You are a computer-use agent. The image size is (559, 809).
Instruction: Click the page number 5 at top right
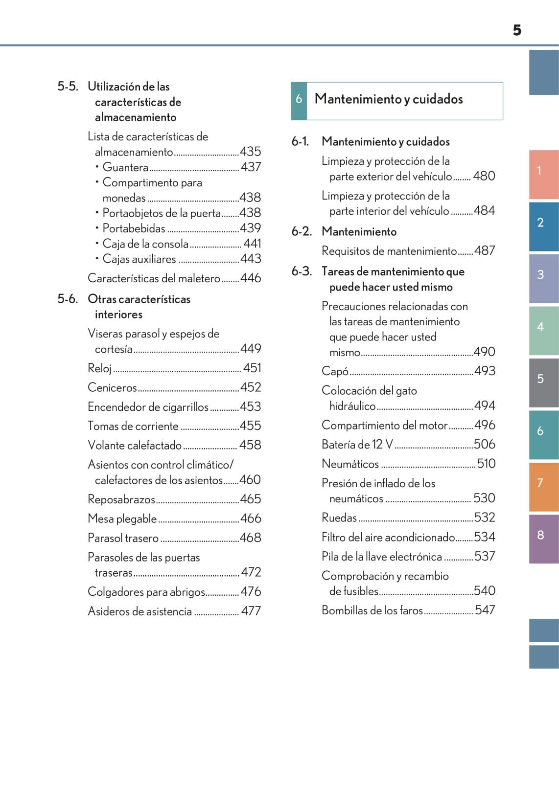[x=517, y=30]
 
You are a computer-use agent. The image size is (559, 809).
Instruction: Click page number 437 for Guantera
[x=251, y=167]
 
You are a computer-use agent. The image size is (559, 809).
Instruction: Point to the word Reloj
[x=100, y=368]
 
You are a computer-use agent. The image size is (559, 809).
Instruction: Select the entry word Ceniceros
[x=112, y=388]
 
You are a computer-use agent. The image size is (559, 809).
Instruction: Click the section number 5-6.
[x=68, y=299]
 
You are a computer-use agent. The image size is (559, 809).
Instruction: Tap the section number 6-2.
[x=302, y=231]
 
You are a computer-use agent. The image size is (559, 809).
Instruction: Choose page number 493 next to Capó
[x=485, y=371]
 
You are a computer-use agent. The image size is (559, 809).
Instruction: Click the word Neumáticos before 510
[x=350, y=464]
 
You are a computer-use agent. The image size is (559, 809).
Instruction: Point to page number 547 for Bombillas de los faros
[x=485, y=610]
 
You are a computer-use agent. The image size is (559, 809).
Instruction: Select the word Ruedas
[x=339, y=517]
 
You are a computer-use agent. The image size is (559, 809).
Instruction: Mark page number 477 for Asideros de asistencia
[x=251, y=611]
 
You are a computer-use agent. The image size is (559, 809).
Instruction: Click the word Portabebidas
[x=134, y=228]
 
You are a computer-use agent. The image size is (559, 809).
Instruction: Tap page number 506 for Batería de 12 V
[x=485, y=444]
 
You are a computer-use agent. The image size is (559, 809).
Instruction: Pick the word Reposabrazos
[x=121, y=499]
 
